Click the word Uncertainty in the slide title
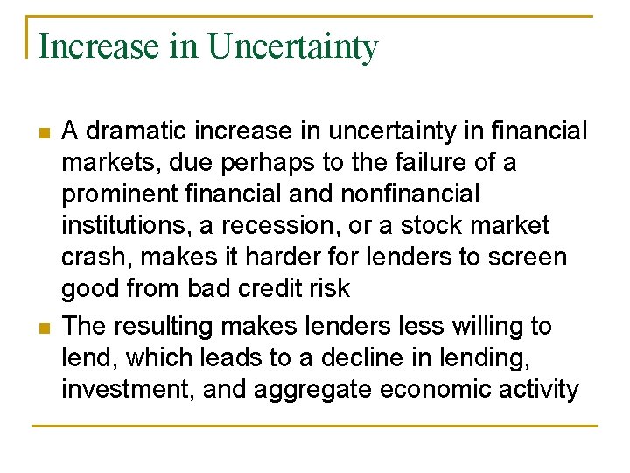pyautogui.click(x=293, y=46)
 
